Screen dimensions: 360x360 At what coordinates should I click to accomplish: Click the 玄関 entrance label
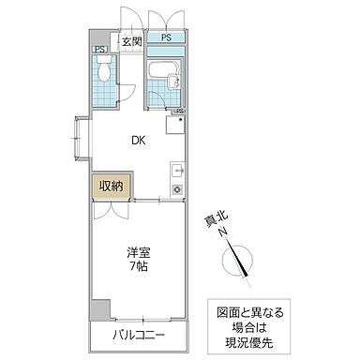[131, 42]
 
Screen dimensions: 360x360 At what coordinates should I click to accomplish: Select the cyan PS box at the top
[165, 38]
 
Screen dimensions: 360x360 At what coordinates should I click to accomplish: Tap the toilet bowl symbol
[104, 70]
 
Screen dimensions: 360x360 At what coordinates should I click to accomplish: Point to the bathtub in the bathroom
[165, 69]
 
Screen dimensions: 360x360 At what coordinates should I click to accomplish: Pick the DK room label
[138, 142]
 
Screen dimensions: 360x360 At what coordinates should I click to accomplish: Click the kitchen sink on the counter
[175, 172]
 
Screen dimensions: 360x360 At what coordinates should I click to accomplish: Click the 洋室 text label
[139, 251]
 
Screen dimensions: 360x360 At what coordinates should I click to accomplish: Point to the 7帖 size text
[139, 265]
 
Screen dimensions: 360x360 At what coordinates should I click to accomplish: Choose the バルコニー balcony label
[139, 335]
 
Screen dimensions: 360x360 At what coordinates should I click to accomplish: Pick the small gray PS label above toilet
[97, 49]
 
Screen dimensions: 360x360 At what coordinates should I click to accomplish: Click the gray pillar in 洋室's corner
[100, 309]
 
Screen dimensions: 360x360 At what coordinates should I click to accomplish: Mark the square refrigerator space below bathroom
[174, 124]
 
